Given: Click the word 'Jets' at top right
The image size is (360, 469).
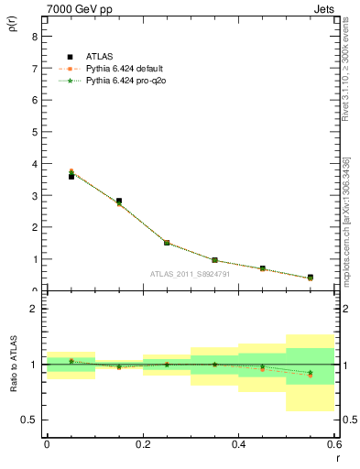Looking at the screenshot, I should point(322,8).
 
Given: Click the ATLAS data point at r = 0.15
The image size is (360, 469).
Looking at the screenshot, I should point(119,201).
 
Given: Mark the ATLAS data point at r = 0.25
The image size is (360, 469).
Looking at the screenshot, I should point(167,243).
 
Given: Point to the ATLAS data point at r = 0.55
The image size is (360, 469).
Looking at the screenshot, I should point(311,277).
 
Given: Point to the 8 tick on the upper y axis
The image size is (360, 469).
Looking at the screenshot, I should point(34,37).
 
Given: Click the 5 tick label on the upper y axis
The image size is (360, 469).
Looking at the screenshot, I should point(34,132).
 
